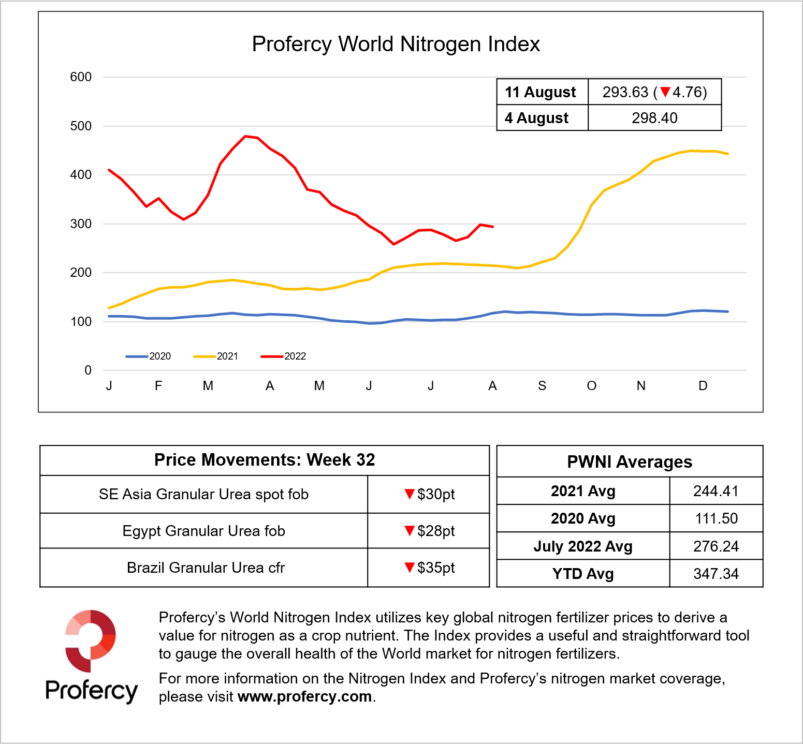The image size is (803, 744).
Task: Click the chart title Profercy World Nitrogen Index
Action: point(396,44)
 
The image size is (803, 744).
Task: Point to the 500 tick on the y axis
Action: point(81,126)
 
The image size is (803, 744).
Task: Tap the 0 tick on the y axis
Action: point(88,370)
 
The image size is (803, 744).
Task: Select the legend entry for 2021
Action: point(216,356)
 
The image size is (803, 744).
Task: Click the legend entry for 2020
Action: point(149,356)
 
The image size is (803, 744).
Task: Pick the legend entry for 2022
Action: point(284,356)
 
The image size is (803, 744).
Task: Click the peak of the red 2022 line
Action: point(245,136)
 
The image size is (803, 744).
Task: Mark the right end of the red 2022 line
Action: point(493,227)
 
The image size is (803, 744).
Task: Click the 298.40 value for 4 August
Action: point(654,118)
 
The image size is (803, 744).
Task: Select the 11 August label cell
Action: point(541,92)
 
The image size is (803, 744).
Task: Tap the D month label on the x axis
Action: point(703,386)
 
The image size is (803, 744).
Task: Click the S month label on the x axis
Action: point(542,386)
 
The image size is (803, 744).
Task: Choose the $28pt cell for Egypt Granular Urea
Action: point(429,531)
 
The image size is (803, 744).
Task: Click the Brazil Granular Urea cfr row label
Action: point(206,568)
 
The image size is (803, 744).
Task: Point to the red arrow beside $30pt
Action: point(410,494)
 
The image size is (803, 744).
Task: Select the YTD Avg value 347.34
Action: point(716,574)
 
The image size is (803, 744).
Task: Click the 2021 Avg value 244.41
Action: point(716,491)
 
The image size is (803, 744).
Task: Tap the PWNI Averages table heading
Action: point(630,462)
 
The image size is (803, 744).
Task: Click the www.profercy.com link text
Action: point(304,697)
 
